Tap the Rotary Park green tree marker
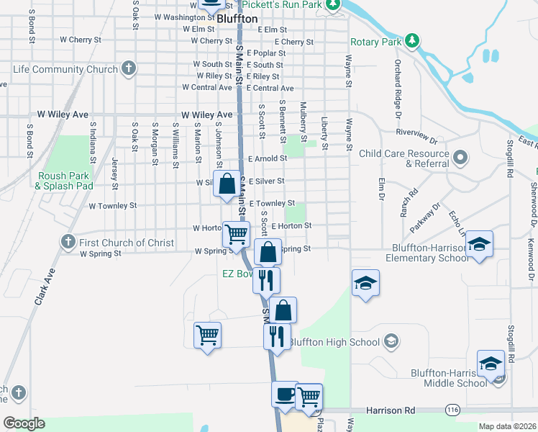click(x=412, y=40)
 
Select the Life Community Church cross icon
click(x=129, y=69)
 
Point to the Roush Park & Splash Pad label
click(x=64, y=180)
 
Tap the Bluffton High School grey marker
click(x=391, y=341)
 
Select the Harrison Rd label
click(x=390, y=410)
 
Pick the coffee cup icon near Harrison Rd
click(x=285, y=395)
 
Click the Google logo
click(x=24, y=423)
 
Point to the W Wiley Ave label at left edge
click(x=64, y=114)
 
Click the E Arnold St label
click(x=268, y=158)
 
